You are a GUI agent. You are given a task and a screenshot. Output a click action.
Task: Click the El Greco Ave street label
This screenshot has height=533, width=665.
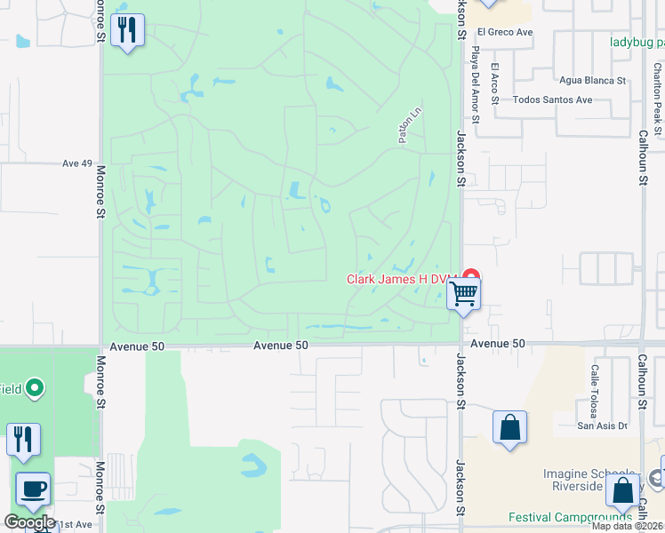click(x=503, y=32)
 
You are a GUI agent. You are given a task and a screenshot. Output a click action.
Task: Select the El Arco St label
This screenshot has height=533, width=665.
click(x=496, y=84)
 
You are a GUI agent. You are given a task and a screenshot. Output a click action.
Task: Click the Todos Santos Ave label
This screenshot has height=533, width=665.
click(x=552, y=99)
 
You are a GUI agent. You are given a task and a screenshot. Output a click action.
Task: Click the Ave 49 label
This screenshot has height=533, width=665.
click(x=77, y=163)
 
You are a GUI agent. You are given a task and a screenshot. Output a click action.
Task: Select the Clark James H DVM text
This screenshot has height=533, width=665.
click(x=400, y=278)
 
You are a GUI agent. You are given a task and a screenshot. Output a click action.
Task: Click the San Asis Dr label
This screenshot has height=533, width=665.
click(x=603, y=426)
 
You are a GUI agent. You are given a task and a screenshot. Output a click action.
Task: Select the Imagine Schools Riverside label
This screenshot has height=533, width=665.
click(x=590, y=480)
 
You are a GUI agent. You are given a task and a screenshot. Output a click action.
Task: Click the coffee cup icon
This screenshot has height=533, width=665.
click(x=34, y=489)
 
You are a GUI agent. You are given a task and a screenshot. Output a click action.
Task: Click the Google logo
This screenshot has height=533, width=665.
click(x=29, y=522)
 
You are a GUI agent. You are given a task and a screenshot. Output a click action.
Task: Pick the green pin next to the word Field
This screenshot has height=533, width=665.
click(x=35, y=387)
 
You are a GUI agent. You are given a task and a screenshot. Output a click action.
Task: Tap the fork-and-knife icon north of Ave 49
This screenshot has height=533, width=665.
click(x=128, y=31)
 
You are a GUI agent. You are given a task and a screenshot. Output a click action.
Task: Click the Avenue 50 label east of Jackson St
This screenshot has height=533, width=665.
click(x=499, y=344)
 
